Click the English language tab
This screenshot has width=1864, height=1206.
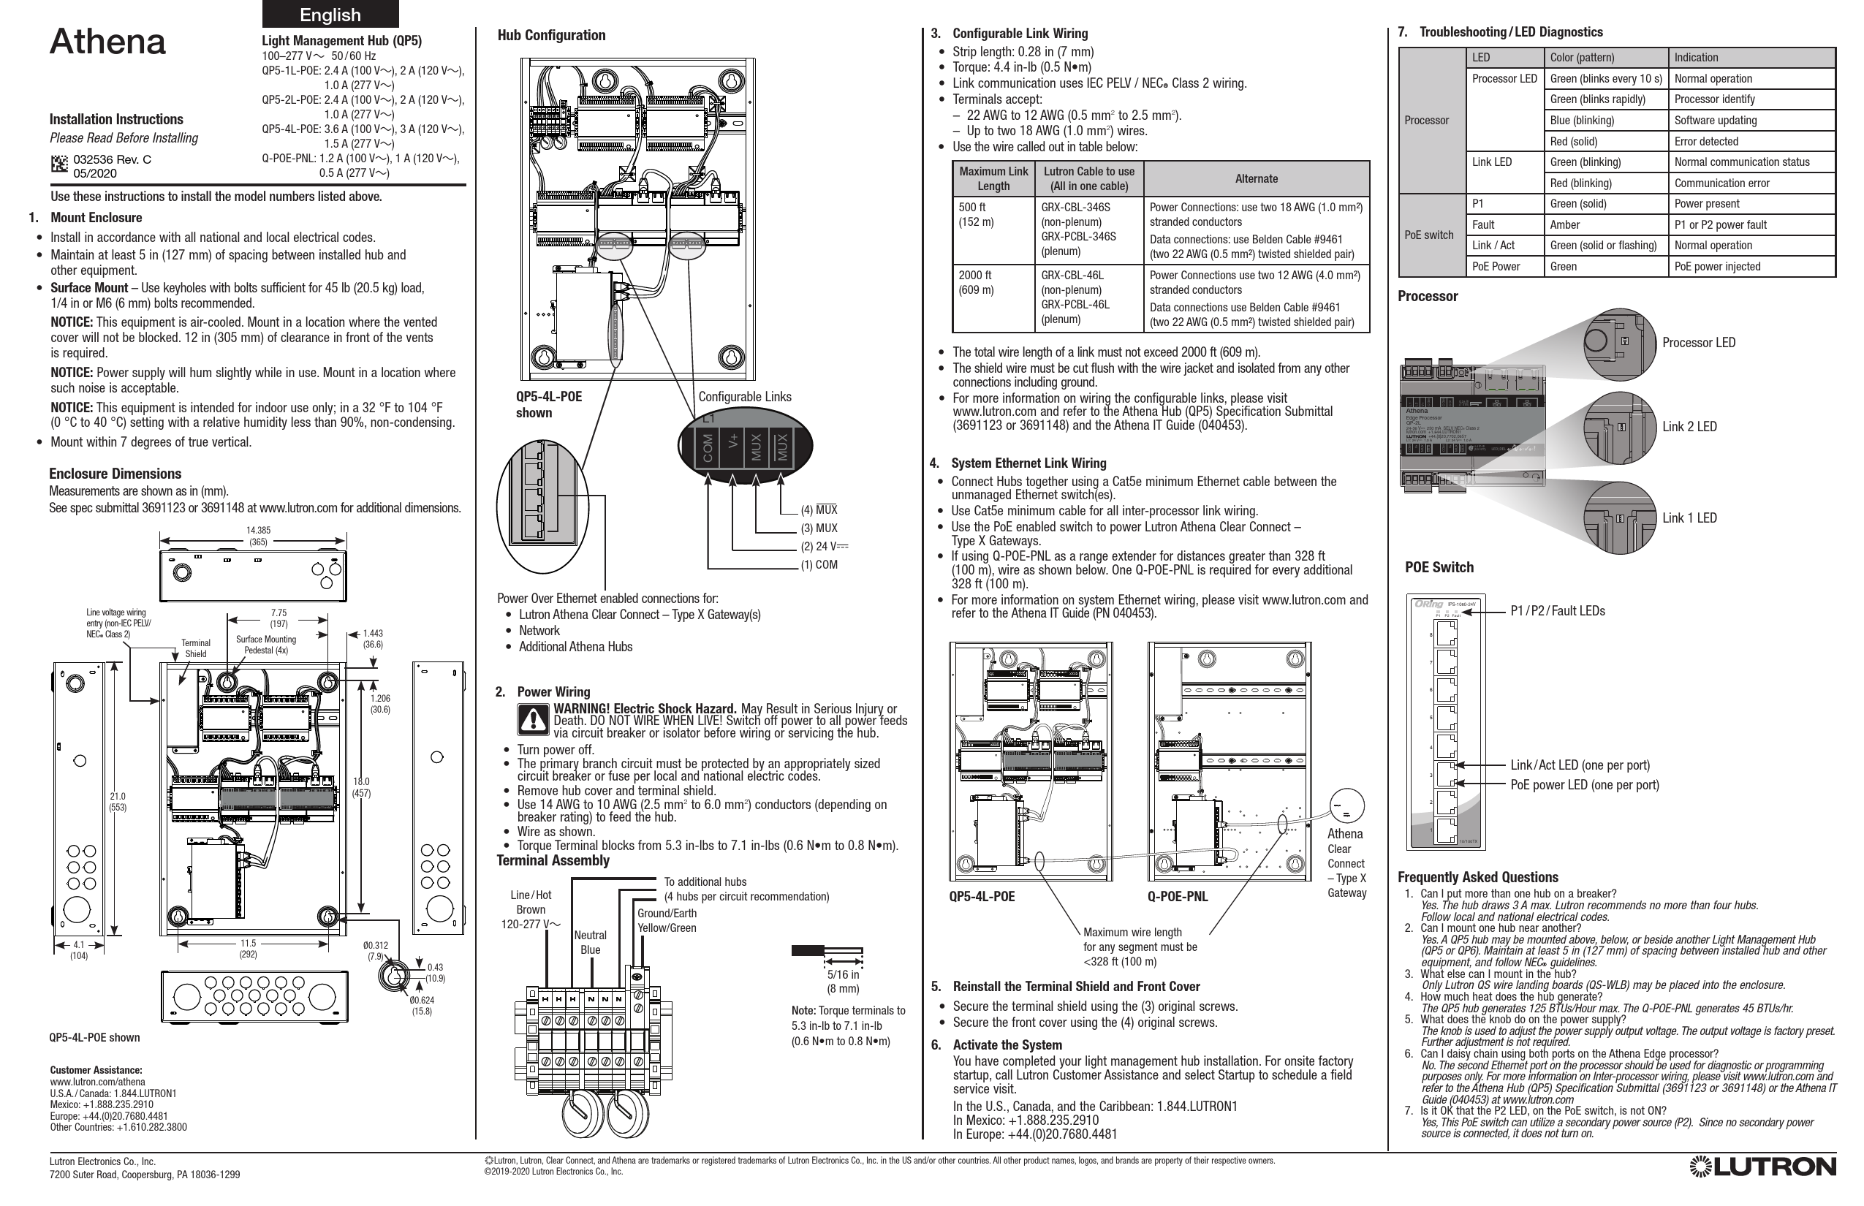click(x=330, y=15)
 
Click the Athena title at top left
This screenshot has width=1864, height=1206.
click(x=108, y=42)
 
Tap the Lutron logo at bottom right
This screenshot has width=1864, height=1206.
click(x=1762, y=1167)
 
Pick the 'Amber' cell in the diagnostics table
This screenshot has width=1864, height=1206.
click(x=1565, y=225)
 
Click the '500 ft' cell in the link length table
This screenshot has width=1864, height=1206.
click(x=973, y=208)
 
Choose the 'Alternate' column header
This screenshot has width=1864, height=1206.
click(x=1257, y=178)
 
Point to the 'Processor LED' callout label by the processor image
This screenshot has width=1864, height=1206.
click(x=1698, y=342)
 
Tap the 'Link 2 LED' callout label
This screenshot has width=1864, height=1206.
click(x=1689, y=427)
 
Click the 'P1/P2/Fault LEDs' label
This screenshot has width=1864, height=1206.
click(x=1557, y=611)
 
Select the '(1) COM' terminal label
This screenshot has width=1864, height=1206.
click(x=819, y=564)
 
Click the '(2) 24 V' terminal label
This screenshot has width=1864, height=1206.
click(x=824, y=547)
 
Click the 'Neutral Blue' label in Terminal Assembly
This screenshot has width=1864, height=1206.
click(x=590, y=942)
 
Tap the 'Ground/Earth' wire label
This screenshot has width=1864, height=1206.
click(x=667, y=913)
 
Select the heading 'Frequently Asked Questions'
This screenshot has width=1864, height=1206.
click(x=1478, y=877)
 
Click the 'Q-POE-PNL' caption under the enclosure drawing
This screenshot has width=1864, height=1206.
click(x=1177, y=897)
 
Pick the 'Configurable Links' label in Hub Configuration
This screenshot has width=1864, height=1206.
click(x=744, y=396)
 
